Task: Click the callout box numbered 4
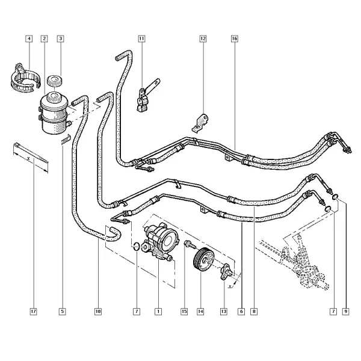pos(29,39)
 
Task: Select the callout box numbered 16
pos(234,39)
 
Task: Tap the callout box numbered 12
pos(203,39)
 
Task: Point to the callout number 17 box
pos(33,312)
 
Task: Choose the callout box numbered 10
pos(98,312)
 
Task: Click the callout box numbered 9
pos(345,312)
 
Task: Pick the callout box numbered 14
pos(200,312)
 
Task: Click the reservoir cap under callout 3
pos(55,81)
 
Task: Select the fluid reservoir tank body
pos(54,113)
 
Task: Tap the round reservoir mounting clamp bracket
pos(25,78)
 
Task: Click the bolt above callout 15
pos(190,244)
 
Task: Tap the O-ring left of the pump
pos(136,246)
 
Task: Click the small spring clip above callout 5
pos(66,140)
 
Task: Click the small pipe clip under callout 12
pos(200,123)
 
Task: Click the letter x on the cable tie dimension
pos(28,158)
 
